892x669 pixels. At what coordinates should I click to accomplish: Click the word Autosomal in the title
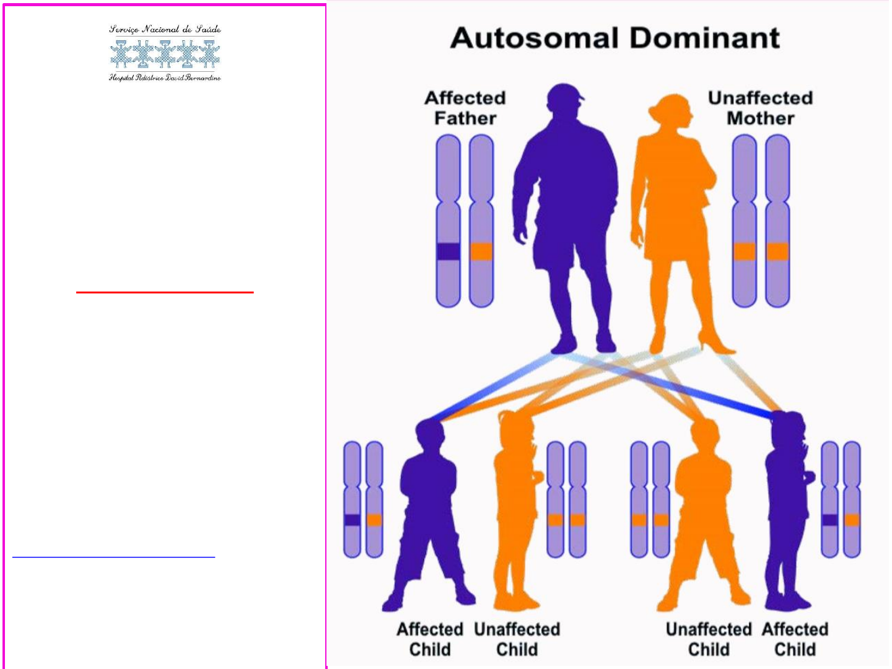coord(535,38)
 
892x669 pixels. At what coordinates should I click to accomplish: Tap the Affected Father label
coord(465,108)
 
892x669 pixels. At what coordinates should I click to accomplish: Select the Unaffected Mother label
coord(760,108)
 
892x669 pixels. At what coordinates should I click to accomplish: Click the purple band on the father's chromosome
coord(448,251)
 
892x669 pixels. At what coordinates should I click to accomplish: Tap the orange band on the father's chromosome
coord(481,251)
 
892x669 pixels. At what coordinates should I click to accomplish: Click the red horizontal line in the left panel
coord(165,292)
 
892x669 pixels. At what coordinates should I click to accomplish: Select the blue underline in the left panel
coord(113,557)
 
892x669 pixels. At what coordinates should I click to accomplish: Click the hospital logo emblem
coord(165,54)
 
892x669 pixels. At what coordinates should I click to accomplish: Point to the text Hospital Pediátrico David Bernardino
coord(165,77)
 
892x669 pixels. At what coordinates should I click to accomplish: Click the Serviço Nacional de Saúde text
coord(165,29)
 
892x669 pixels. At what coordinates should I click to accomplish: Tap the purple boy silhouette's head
coord(429,434)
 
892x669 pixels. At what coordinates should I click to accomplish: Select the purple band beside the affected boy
coord(352,520)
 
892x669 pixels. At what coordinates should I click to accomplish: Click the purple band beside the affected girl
coord(830,520)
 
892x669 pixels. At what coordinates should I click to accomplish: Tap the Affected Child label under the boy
coord(430,639)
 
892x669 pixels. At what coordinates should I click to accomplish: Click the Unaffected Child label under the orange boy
coord(709,639)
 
